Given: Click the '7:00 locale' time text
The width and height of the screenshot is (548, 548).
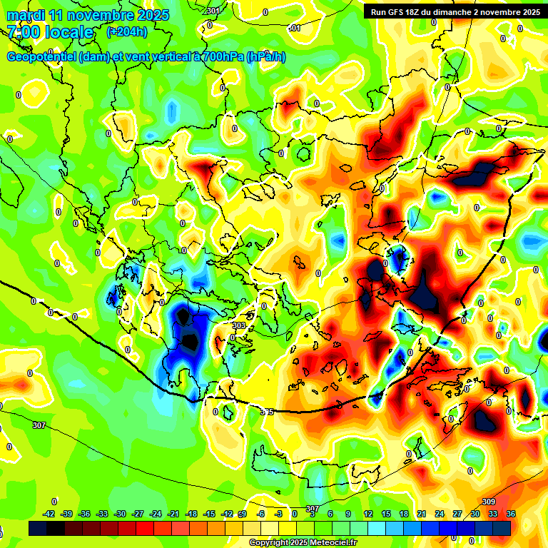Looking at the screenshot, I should [x=50, y=32].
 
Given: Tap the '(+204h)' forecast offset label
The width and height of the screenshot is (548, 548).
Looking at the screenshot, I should [x=127, y=31].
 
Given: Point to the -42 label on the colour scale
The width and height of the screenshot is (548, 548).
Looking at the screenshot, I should [x=49, y=514].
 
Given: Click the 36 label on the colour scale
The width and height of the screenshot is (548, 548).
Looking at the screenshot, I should [x=511, y=514].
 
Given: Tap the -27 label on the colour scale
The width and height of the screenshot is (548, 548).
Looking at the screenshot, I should [x=138, y=514].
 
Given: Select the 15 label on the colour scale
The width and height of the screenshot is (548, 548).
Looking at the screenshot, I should [x=386, y=514].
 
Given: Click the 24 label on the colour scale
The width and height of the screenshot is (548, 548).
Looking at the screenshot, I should [x=440, y=514].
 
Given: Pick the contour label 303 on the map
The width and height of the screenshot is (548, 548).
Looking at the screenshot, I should [x=239, y=325].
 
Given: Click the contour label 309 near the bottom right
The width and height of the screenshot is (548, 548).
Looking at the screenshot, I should [x=489, y=502].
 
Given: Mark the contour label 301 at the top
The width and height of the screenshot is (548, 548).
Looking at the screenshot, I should [x=212, y=11].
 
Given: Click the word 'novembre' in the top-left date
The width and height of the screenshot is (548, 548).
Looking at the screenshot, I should [x=101, y=15].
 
